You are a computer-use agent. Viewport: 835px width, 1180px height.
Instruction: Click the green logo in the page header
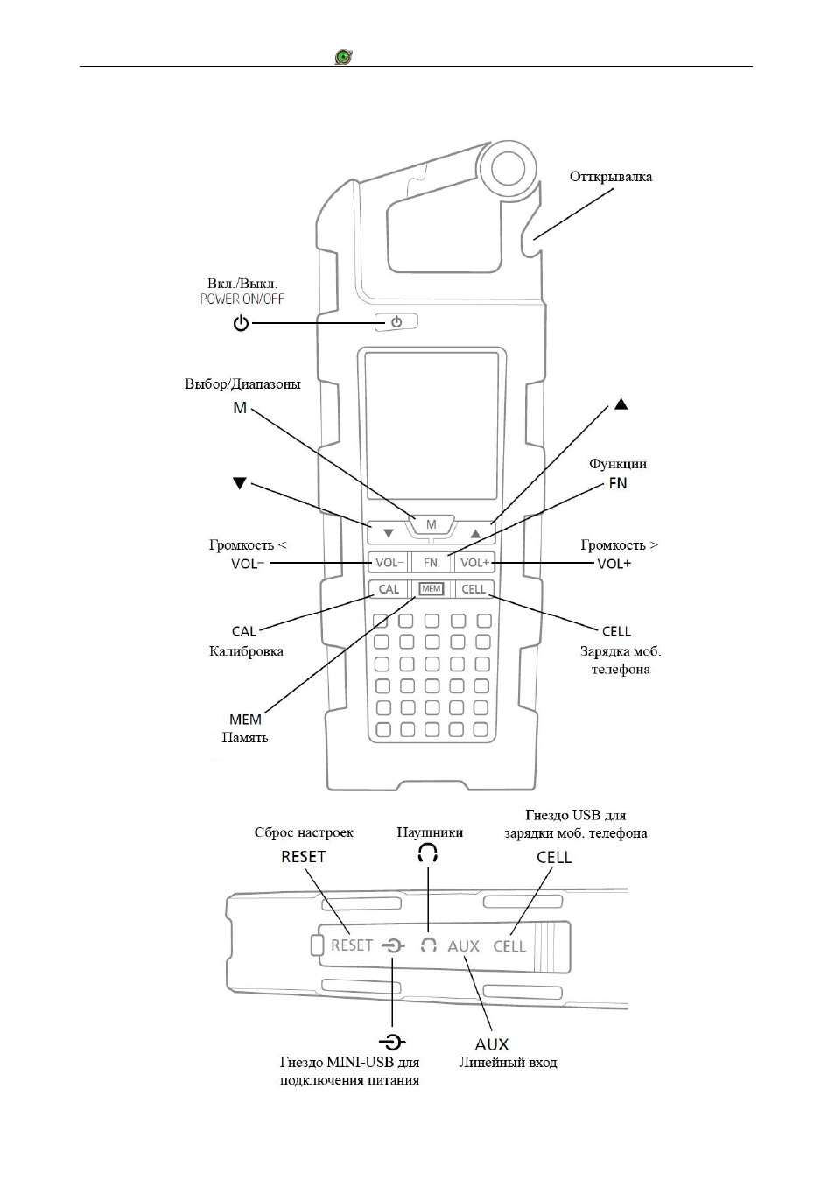coord(344,56)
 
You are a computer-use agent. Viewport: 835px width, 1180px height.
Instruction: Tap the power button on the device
coord(396,321)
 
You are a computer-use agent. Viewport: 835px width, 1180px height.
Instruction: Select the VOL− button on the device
coord(389,563)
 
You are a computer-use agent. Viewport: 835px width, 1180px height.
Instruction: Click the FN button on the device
coord(431,563)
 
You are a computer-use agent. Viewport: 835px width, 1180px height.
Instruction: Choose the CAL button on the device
coord(389,589)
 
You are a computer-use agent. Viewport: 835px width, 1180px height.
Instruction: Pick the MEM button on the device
coord(431,589)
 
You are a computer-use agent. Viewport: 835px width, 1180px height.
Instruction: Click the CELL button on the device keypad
coord(474,589)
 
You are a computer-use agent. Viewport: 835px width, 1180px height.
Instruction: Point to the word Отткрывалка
coord(611,177)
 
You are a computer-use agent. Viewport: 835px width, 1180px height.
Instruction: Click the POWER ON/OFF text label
coord(242,299)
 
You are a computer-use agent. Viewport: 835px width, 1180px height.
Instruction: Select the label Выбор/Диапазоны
coord(242,384)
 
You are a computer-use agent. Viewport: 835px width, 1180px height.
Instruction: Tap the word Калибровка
coord(246,651)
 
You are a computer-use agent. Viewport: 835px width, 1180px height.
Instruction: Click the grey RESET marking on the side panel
coord(351,945)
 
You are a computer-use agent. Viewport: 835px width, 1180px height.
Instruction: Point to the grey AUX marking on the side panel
coord(464,946)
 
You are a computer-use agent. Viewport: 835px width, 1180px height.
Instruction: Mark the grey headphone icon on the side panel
coord(429,945)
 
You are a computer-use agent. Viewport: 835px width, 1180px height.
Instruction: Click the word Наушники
coord(430,832)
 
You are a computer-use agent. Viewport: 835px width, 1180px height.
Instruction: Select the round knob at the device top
coord(509,167)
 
